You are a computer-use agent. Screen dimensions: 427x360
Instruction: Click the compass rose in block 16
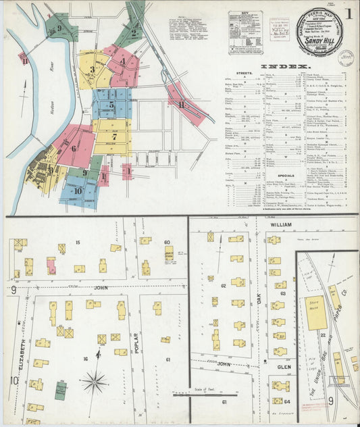(95, 382)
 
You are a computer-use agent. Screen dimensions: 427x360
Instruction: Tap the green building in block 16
(61, 390)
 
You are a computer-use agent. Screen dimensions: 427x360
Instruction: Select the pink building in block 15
(51, 266)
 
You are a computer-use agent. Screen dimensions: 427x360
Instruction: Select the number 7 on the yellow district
(114, 136)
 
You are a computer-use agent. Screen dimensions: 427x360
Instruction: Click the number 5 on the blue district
(111, 105)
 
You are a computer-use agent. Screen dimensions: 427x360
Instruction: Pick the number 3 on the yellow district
(92, 69)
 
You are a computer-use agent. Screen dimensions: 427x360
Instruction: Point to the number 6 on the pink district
(73, 149)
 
